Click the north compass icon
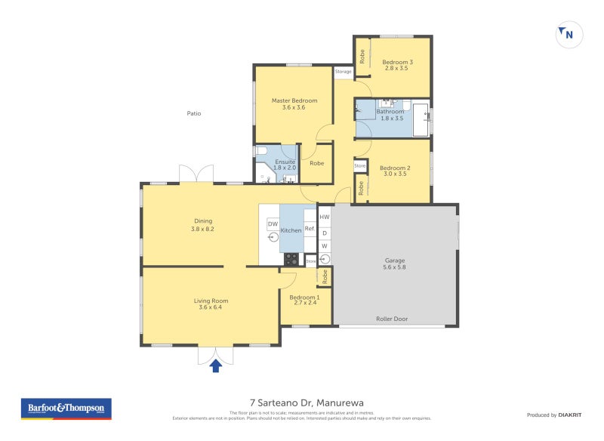[568, 34]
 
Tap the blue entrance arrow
[215, 366]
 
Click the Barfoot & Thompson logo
[66, 409]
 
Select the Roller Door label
[392, 319]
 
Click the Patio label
[194, 113]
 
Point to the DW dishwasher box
[273, 224]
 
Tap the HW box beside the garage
[325, 217]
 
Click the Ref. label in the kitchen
[310, 228]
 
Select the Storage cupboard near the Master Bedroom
[344, 72]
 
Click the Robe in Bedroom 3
[362, 57]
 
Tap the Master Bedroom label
[294, 100]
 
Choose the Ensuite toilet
[261, 153]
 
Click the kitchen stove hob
[291, 258]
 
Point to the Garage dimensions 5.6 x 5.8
[395, 267]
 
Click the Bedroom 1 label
[306, 297]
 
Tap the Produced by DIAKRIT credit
[552, 415]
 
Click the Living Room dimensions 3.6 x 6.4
[212, 307]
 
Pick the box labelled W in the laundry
[325, 246]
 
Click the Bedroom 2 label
[394, 168]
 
